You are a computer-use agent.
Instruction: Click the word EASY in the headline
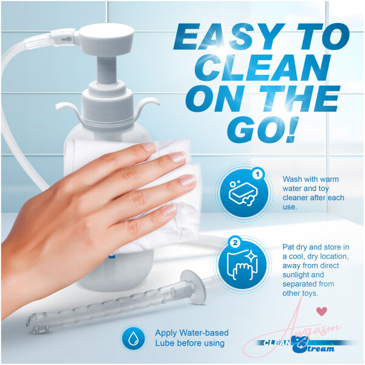point(231,36)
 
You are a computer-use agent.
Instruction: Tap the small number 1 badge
point(257,175)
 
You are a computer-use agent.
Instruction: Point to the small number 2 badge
point(235,243)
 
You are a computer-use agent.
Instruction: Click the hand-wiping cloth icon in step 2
point(242,265)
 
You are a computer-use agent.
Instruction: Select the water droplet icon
point(133,338)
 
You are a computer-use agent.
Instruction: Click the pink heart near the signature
point(322,311)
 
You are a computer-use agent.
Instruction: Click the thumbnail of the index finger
point(148,147)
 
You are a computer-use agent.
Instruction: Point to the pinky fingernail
point(169,210)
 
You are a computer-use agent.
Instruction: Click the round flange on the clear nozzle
point(193,287)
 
